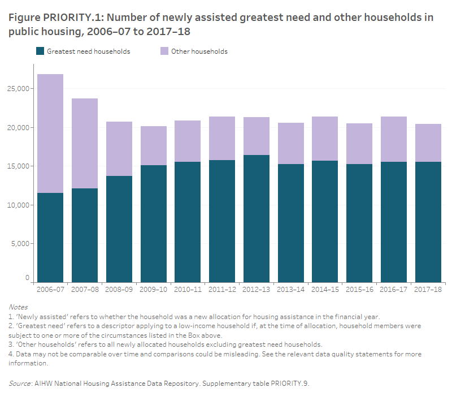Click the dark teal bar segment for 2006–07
point(50,238)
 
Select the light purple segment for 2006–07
point(50,134)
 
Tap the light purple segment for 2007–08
point(84,144)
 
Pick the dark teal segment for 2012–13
point(256,218)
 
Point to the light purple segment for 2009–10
point(153,146)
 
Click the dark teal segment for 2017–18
point(428,222)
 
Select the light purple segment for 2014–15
point(325,139)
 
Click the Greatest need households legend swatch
point(40,51)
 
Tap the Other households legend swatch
point(164,51)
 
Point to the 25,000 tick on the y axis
point(19,89)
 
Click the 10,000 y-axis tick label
point(19,205)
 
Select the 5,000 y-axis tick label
point(21,244)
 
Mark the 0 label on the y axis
point(27,278)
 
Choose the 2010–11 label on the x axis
point(188,290)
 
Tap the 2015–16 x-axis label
point(359,290)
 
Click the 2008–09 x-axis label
point(119,290)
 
